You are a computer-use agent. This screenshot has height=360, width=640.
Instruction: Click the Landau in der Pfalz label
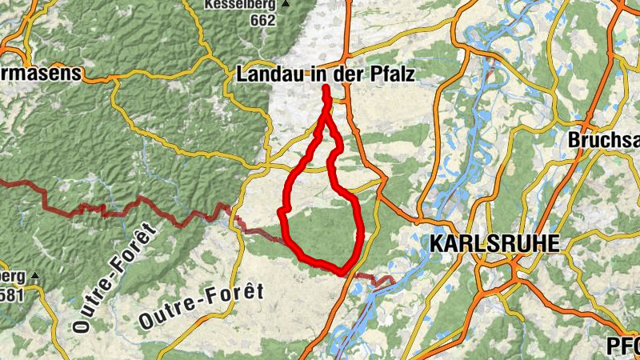tap(329, 74)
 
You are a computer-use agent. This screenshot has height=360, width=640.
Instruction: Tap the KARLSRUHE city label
tap(494, 244)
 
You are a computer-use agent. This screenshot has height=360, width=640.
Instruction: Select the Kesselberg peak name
tap(241, 4)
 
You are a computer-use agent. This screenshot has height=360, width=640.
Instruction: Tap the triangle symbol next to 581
tap(35, 276)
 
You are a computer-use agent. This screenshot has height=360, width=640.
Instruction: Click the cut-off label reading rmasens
tap(41, 74)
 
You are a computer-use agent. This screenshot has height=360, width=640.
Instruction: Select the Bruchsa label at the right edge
tap(604, 139)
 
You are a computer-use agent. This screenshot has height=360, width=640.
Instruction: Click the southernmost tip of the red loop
tap(344, 273)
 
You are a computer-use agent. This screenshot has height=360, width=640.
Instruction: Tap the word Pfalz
tap(398, 74)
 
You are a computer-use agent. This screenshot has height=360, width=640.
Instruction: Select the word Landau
tap(266, 74)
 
